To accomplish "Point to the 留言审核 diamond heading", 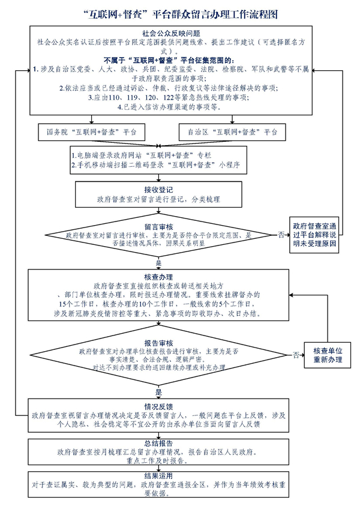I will [158, 226].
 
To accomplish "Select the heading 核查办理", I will [158, 277].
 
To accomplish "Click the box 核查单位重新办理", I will [327, 355].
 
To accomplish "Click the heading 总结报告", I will [158, 442].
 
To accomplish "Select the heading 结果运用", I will [158, 475].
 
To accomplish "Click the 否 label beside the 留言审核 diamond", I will [281, 235].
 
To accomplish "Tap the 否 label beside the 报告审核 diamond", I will [295, 355].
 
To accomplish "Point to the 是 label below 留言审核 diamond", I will [158, 264].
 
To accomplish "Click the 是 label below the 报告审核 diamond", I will [158, 391].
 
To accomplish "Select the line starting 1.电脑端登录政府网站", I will [139, 154].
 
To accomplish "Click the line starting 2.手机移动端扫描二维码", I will [155, 164].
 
